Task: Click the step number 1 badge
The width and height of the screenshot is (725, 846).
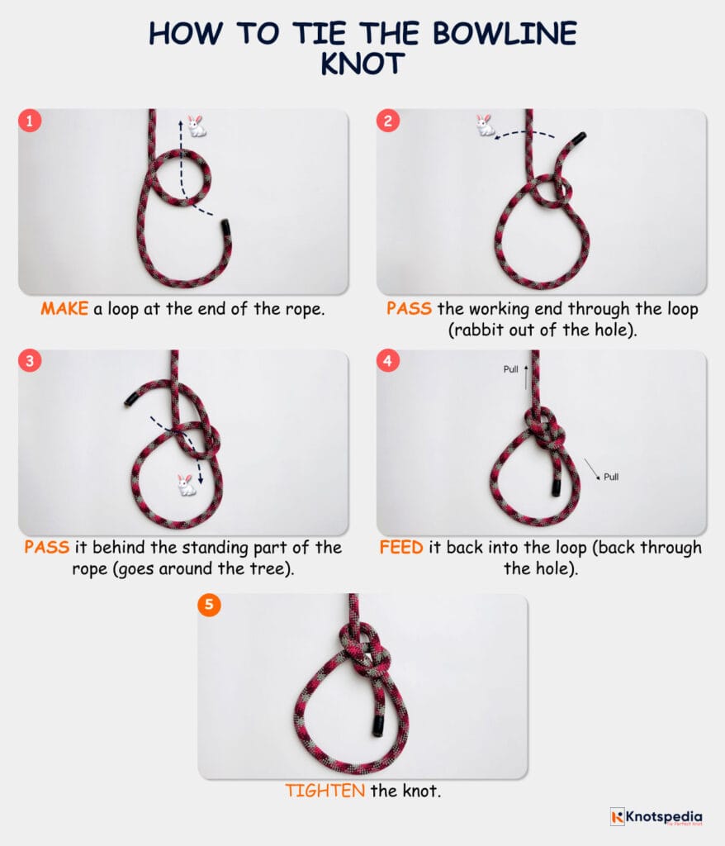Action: pyautogui.click(x=31, y=121)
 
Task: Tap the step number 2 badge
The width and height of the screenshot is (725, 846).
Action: pyautogui.click(x=388, y=121)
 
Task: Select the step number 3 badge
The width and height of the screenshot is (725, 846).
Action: pyautogui.click(x=31, y=362)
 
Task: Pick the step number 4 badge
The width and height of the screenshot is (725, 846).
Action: pyautogui.click(x=388, y=362)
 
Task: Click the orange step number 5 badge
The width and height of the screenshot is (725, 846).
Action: pyautogui.click(x=209, y=605)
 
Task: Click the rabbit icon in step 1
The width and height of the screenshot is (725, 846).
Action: pyautogui.click(x=196, y=126)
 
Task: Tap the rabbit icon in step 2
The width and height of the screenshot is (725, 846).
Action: pyautogui.click(x=485, y=125)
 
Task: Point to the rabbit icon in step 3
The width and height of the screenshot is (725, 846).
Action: pyautogui.click(x=187, y=484)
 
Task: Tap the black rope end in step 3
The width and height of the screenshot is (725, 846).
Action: pyautogui.click(x=129, y=400)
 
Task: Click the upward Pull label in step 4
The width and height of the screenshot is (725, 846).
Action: pyautogui.click(x=511, y=369)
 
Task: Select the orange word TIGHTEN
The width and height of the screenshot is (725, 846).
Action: pyautogui.click(x=325, y=791)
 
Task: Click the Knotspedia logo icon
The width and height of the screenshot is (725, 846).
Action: pyautogui.click(x=617, y=816)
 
